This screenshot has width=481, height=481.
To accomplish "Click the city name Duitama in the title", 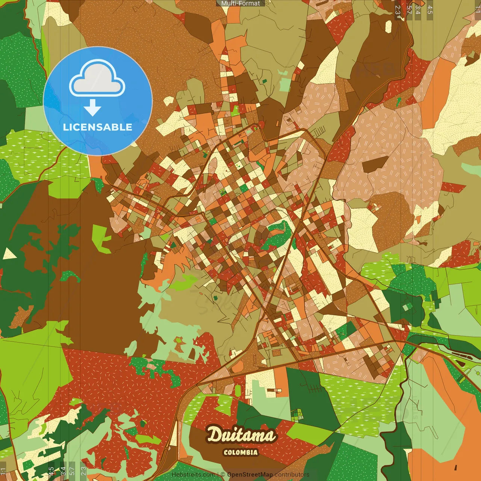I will [x=240, y=435].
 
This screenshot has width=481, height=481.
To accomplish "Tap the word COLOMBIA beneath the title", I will [x=240, y=452].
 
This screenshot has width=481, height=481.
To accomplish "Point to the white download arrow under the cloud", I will [x=92, y=108].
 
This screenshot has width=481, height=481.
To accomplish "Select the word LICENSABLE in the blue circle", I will [x=98, y=127].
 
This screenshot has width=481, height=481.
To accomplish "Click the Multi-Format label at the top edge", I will [x=240, y=3].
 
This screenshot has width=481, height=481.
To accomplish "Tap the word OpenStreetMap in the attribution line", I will [x=250, y=475].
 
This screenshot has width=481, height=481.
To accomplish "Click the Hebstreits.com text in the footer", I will [x=193, y=475].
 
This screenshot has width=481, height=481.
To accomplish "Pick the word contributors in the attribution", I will [x=292, y=475].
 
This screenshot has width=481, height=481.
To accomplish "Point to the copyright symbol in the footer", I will [x=223, y=475].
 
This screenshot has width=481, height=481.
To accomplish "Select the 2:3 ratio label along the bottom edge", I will [x=83, y=471].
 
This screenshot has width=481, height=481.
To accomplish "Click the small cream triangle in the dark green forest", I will [x=9, y=254].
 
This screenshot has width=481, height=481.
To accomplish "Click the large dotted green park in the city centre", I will [x=277, y=235].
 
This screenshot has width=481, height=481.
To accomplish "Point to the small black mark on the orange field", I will [x=455, y=467].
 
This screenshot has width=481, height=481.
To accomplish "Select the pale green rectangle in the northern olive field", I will [x=285, y=85].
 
